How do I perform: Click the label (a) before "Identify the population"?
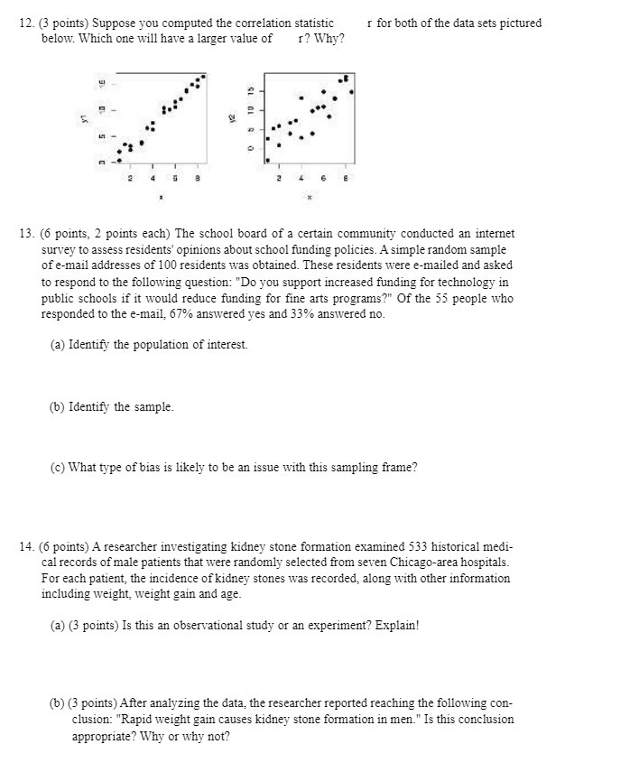click(x=58, y=345)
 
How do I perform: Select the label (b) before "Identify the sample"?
click(x=58, y=406)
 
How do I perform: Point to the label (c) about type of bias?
click(x=58, y=467)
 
